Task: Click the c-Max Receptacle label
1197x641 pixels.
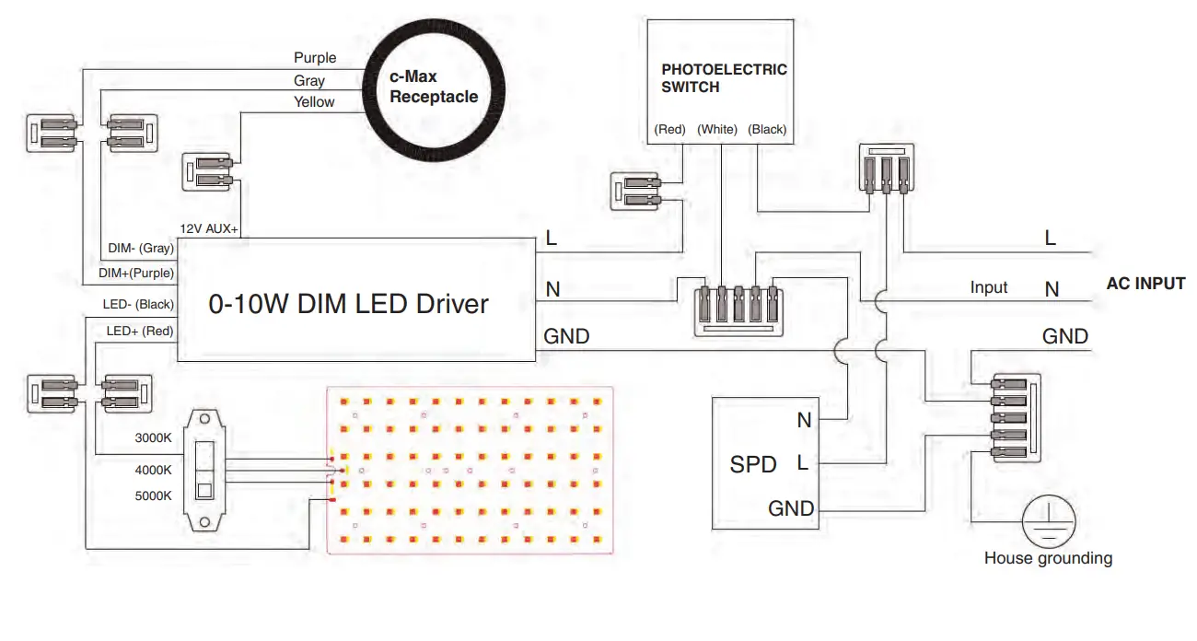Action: point(434,87)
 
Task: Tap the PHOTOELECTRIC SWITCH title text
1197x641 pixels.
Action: point(724,78)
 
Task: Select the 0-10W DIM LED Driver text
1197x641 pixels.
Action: point(348,304)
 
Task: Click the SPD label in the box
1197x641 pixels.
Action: point(753,464)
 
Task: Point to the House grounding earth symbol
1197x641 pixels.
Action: point(1049,521)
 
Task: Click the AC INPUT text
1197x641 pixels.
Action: point(1145,284)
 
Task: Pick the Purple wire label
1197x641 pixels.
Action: point(315,58)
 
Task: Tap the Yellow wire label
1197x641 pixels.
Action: point(314,101)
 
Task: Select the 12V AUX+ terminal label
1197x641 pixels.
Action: point(208,228)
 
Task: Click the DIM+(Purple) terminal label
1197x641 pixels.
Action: point(136,273)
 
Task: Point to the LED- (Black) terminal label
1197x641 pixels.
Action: point(138,304)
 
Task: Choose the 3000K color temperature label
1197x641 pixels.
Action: point(153,437)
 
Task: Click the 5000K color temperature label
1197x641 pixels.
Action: point(153,495)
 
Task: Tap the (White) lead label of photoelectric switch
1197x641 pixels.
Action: point(716,129)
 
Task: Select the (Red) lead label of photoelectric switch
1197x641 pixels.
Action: point(669,129)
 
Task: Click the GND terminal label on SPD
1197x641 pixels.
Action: point(791,508)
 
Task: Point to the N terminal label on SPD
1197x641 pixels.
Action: point(804,420)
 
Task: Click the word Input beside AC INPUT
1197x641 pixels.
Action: point(989,287)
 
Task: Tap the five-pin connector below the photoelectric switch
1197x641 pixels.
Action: point(738,310)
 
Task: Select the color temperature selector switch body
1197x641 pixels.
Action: point(204,471)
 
